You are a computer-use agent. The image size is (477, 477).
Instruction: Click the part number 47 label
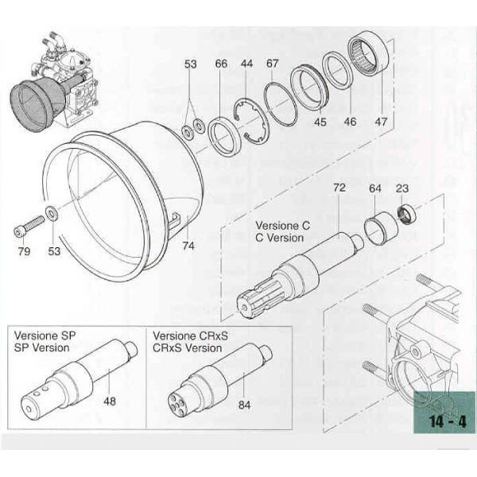coord(381,122)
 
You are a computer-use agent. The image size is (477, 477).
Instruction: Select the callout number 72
coord(339,188)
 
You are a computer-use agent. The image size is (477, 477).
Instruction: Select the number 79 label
coord(24,253)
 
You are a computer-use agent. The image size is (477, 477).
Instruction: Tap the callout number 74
coord(188,246)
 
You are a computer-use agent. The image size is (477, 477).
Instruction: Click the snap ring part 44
coord(254,118)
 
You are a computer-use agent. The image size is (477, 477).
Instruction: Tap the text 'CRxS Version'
coord(187,347)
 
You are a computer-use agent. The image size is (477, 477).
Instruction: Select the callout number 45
coord(320,122)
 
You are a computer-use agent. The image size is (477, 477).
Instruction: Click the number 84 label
coord(245,404)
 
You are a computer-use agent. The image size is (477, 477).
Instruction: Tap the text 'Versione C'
coord(282,225)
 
